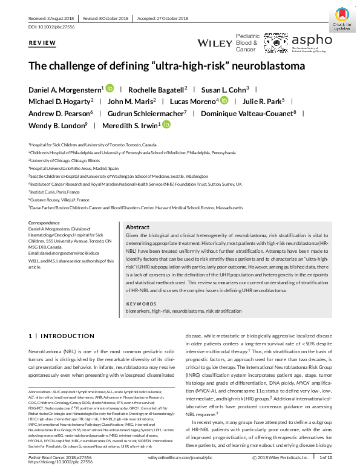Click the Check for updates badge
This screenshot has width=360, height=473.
tap(342, 19)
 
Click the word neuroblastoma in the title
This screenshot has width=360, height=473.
tap(270, 66)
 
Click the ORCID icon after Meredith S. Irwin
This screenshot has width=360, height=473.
tap(166, 126)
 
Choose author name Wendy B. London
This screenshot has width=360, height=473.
tap(57, 126)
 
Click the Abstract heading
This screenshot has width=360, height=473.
tap(137, 227)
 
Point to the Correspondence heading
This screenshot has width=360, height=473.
tap(44, 223)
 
